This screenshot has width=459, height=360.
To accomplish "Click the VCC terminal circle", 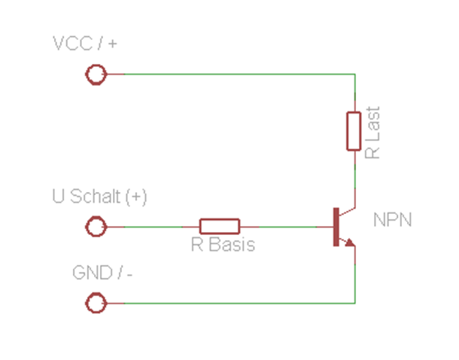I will pos(96,75).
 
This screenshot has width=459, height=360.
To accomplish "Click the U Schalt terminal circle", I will pos(96,226).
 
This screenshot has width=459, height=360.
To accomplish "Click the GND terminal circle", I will pos(96,304).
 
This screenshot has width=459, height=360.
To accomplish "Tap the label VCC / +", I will pos(85,44).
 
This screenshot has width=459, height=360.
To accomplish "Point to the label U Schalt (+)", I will pos(99,197).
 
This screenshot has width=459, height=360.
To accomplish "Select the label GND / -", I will pos(103,273).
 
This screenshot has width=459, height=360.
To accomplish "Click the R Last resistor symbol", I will pos(354,131).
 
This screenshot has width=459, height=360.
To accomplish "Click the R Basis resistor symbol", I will pos(220,226).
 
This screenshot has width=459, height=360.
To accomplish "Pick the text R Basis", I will pos(222,245).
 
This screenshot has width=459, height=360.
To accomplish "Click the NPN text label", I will pos(392,221).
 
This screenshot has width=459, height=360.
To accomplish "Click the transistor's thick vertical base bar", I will pos(336,226).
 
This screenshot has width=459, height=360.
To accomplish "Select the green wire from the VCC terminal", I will pos(226,75).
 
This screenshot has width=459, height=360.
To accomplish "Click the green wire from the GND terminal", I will pos(226,304).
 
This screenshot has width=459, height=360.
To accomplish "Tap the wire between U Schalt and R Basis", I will pos(154,226).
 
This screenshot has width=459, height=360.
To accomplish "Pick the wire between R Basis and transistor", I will pos(286,226).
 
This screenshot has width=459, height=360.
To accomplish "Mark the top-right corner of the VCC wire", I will pos(354,75).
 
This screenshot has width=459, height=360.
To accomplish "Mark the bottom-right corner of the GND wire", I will pos(354,304).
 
